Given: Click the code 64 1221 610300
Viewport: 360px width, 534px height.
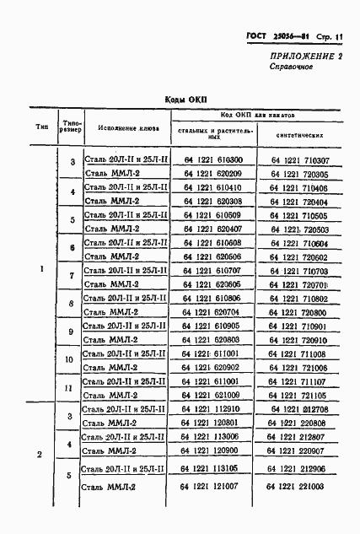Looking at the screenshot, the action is (x=211, y=159).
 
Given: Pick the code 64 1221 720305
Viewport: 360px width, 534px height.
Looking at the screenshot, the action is (x=299, y=173).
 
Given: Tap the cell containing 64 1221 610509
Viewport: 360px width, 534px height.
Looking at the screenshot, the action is (x=211, y=215).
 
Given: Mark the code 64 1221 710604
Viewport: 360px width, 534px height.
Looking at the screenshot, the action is (x=299, y=243).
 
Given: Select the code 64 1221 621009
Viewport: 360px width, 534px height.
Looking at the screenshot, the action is (x=211, y=395).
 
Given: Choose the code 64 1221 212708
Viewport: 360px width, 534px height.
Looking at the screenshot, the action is (x=299, y=409).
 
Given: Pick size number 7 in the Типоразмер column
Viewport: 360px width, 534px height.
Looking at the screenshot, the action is (x=72, y=277).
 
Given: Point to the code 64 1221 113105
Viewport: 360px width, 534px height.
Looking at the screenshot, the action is (x=211, y=467).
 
